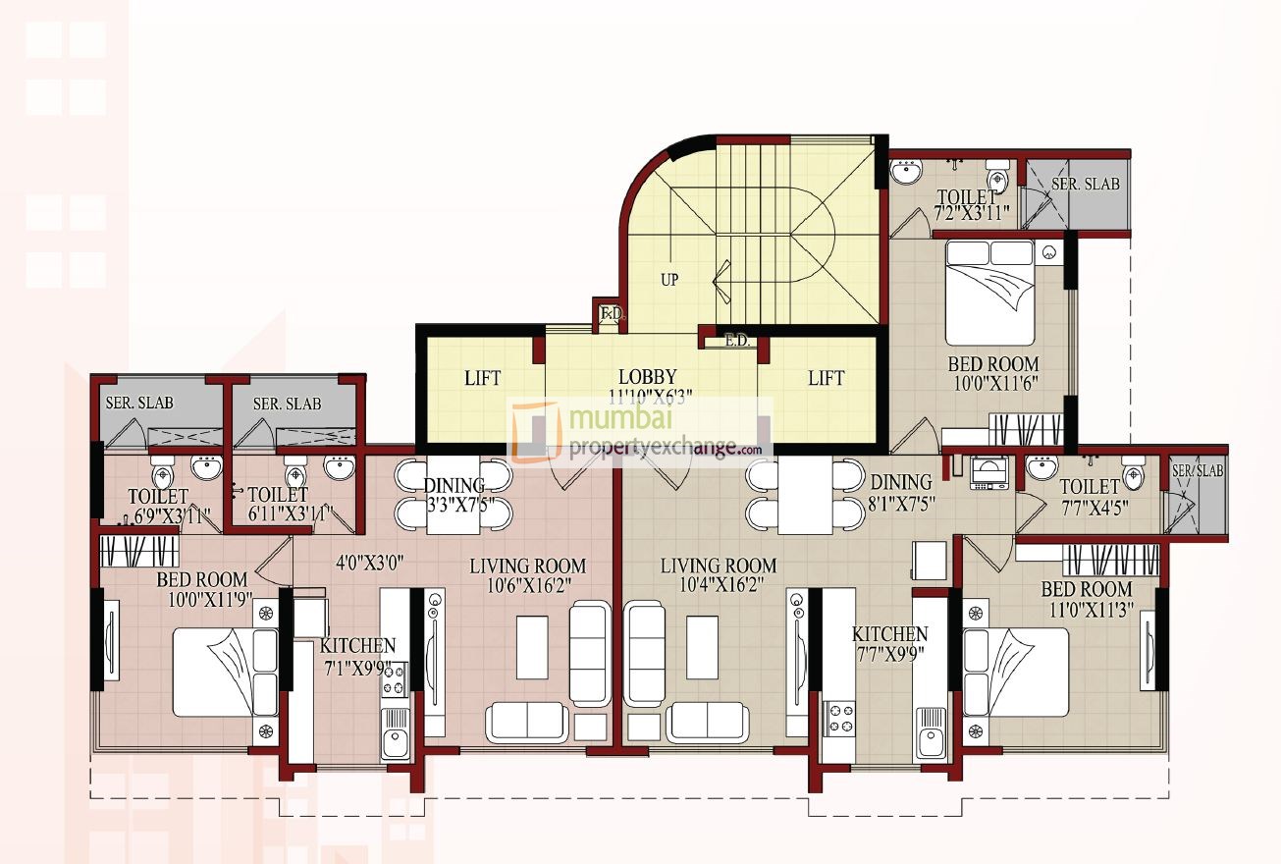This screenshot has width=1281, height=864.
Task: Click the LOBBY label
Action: tap(647, 377)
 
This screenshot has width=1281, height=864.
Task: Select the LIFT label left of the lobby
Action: tap(482, 378)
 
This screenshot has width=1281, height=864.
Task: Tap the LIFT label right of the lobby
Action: tap(825, 378)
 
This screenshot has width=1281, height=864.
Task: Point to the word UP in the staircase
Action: tap(669, 280)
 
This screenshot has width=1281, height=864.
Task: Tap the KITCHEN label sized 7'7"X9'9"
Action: tap(889, 634)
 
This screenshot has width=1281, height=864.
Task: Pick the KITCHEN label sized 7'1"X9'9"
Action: tap(357, 646)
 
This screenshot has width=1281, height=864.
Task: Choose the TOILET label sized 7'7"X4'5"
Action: tap(1090, 487)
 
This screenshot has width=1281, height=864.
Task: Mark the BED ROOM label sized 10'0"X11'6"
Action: tap(993, 364)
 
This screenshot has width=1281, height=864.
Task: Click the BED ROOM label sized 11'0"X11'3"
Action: tap(1087, 589)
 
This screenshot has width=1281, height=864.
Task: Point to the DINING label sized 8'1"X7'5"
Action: tap(900, 482)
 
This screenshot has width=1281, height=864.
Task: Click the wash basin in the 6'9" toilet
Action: tap(206, 468)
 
